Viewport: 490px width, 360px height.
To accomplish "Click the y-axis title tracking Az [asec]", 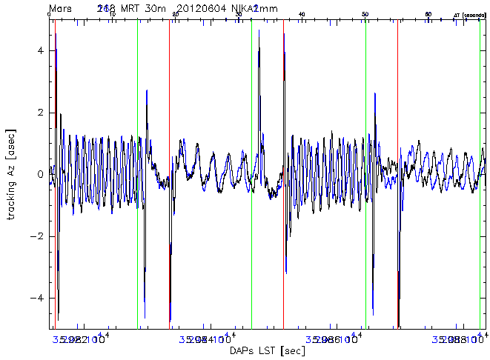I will click(x=11, y=173).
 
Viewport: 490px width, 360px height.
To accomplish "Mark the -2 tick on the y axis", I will click(x=40, y=236).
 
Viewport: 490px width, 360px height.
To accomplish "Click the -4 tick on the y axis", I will click(x=40, y=298).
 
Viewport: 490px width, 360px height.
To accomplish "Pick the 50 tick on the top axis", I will click(x=365, y=14).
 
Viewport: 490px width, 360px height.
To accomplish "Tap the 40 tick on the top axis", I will click(x=302, y=14).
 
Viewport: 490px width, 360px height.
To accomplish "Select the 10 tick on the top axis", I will click(x=112, y=14).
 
